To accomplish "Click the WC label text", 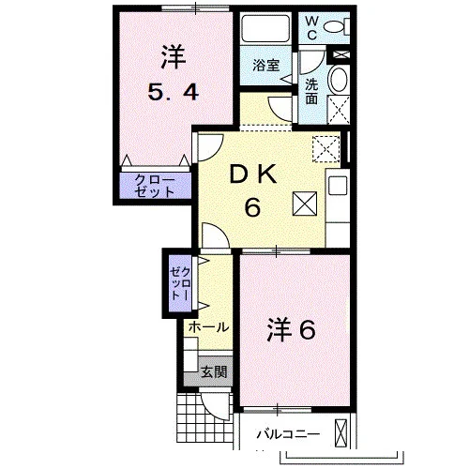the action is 311,28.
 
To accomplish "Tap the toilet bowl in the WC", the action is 333,26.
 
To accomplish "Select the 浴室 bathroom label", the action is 265,66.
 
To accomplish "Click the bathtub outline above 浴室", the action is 265,28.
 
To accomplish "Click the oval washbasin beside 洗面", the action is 339,80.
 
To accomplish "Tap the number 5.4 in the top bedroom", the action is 174,93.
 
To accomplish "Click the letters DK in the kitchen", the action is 253,174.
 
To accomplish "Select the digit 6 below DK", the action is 252,207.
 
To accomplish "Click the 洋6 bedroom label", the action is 291,329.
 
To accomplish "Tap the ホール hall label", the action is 208,327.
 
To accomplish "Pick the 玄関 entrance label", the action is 214,371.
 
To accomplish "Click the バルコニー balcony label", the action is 288,434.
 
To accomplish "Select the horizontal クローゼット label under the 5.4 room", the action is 155,186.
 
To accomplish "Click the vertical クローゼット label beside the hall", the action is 179,284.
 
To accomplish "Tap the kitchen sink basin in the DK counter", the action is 338,186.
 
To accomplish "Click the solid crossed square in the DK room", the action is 305,204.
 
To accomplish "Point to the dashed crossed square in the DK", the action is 326,149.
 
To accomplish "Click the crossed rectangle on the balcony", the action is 341,433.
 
